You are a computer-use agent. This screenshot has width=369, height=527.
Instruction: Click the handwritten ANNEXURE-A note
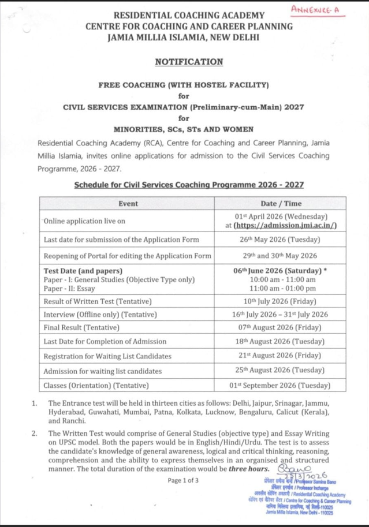(x=315, y=10)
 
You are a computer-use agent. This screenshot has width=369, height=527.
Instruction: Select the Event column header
(x=127, y=203)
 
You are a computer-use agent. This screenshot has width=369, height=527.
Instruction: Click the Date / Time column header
(x=281, y=203)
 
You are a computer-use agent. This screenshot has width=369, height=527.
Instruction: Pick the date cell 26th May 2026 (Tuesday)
(x=281, y=239)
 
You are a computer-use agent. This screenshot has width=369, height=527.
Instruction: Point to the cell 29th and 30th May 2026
(x=281, y=255)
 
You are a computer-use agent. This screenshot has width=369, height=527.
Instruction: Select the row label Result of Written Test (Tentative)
(x=98, y=301)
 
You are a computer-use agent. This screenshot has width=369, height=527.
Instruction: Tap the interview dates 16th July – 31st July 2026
(x=281, y=314)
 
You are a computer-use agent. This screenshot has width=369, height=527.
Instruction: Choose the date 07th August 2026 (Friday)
(x=281, y=327)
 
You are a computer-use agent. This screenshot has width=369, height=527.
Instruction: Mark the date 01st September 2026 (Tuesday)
(x=281, y=384)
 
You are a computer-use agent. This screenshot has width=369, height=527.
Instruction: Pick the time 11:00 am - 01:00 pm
(x=281, y=288)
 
